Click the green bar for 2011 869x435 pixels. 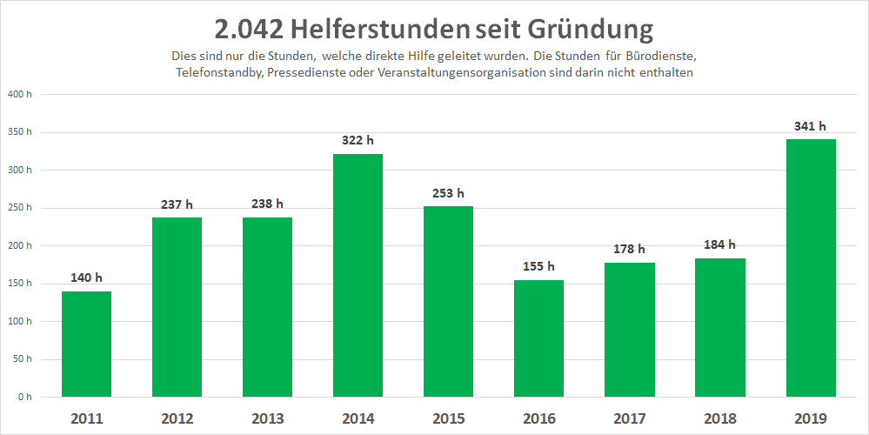click(x=86, y=344)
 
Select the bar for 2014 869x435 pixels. click(x=358, y=275)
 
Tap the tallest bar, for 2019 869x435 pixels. click(x=811, y=267)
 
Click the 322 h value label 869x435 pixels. click(x=358, y=140)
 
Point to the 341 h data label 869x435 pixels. click(x=811, y=126)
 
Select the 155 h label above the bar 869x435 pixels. click(x=538, y=266)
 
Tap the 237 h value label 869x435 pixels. click(x=177, y=204)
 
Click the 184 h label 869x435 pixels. click(x=719, y=244)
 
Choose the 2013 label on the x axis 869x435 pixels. click(x=267, y=418)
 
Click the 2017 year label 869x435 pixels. click(x=629, y=418)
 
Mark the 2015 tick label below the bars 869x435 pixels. click(x=448, y=418)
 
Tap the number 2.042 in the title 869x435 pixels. click(x=249, y=29)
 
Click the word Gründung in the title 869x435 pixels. click(x=591, y=29)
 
